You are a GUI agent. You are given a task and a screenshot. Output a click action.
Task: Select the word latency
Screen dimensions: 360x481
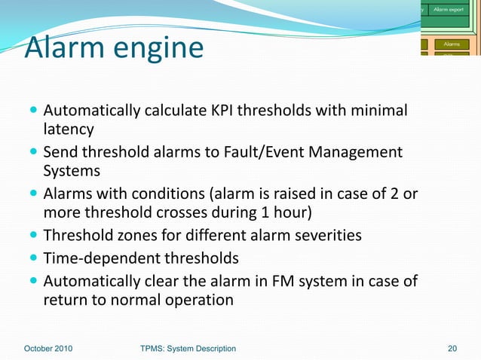point(69,130)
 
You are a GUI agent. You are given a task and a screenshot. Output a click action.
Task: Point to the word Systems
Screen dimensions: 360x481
point(71,171)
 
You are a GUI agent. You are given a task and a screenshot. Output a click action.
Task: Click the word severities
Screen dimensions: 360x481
point(321,236)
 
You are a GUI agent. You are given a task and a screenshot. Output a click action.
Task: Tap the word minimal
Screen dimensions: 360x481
point(378,111)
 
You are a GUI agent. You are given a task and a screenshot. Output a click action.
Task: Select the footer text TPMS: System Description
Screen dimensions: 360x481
point(188,348)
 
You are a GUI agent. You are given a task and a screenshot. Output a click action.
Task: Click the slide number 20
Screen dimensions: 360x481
point(452,348)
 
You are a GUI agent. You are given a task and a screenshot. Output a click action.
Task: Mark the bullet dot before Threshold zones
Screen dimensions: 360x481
point(35,236)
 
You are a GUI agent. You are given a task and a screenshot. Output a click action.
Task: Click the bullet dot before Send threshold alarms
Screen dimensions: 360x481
point(35,153)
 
